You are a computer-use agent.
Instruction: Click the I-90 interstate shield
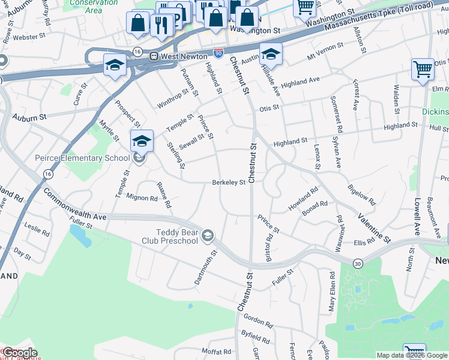click(218, 53)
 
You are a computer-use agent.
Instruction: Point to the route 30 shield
click(358, 263)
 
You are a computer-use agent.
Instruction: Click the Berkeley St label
click(228, 183)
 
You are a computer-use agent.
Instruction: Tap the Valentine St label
click(374, 228)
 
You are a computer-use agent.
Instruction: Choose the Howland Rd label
click(303, 198)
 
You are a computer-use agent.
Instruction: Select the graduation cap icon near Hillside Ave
click(271, 53)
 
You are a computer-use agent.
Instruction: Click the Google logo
click(19, 353)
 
